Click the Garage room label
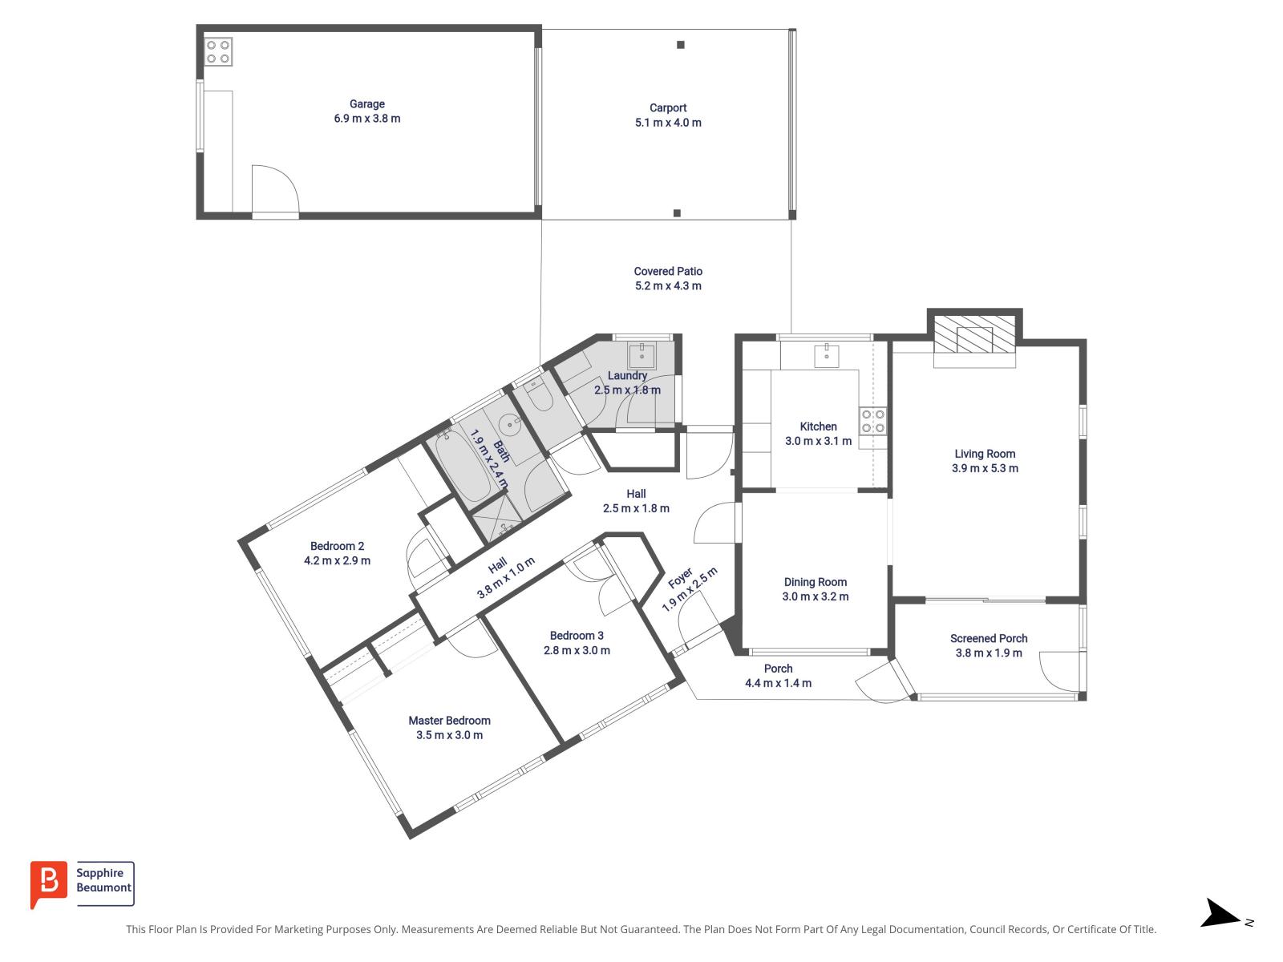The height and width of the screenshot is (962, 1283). click(366, 104)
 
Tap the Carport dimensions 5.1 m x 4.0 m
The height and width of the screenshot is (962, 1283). click(668, 123)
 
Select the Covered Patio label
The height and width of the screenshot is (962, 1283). click(668, 272)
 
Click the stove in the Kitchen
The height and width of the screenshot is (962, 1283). click(873, 421)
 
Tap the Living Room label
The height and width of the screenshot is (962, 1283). click(985, 454)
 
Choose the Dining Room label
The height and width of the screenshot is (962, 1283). click(816, 582)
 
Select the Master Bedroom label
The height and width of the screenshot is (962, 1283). click(449, 721)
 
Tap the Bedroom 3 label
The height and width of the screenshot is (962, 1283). click(577, 636)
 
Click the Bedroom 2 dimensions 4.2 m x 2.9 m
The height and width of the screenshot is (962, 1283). click(337, 561)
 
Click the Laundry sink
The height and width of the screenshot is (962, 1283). click(641, 355)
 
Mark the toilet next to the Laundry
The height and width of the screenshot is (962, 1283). click(539, 394)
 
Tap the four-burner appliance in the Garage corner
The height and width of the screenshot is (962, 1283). click(217, 51)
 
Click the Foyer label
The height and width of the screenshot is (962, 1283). click(680, 578)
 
